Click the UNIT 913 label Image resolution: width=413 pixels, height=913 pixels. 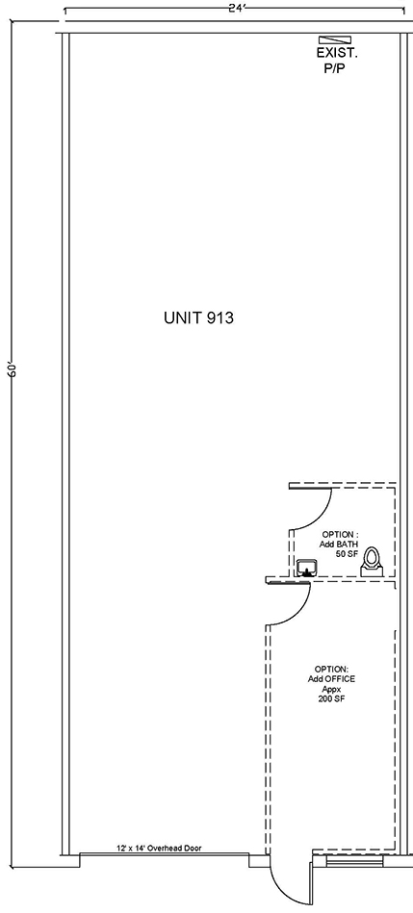pos(198,317)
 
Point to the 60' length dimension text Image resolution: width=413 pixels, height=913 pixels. pos(13,370)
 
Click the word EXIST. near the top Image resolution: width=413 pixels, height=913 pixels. pos(337,53)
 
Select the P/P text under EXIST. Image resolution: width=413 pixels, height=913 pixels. pos(335,68)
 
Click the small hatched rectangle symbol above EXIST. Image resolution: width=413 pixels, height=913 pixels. pos(329,39)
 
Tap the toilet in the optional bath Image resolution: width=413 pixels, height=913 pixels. pos(371,562)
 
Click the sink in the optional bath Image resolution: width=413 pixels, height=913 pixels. pos(306,567)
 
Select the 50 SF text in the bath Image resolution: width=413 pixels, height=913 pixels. pos(346,554)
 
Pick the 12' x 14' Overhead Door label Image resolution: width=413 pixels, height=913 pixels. pos(159,849)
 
